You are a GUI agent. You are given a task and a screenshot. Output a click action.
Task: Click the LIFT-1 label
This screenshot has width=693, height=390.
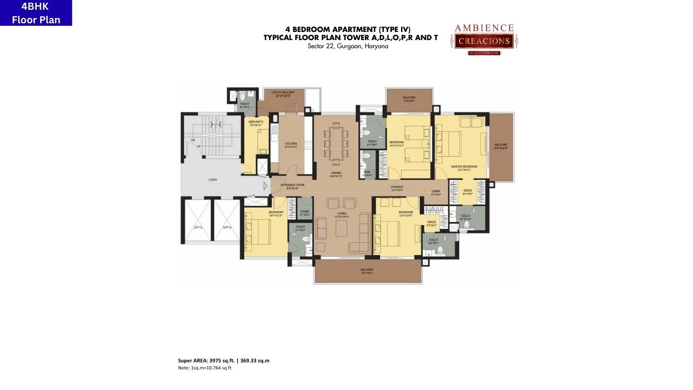(198, 227)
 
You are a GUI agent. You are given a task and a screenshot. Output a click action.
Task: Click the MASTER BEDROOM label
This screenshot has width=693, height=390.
(464, 167)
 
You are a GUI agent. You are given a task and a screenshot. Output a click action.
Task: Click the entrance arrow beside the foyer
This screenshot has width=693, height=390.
(265, 186)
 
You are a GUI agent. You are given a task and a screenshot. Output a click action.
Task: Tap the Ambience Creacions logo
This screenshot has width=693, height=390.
(483, 38)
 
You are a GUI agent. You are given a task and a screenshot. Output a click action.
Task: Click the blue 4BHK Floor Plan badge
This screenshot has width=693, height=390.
(36, 13)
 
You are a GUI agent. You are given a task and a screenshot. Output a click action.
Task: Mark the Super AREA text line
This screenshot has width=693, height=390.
(224, 361)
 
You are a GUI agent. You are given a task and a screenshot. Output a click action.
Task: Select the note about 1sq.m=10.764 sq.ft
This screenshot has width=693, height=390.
(205, 368)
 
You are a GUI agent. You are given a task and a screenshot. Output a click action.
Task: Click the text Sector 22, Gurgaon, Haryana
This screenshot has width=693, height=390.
(348, 47)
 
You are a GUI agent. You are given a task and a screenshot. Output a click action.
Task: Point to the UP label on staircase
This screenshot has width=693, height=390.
(198, 146)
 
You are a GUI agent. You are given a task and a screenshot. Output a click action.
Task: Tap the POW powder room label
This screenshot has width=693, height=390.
(367, 174)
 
